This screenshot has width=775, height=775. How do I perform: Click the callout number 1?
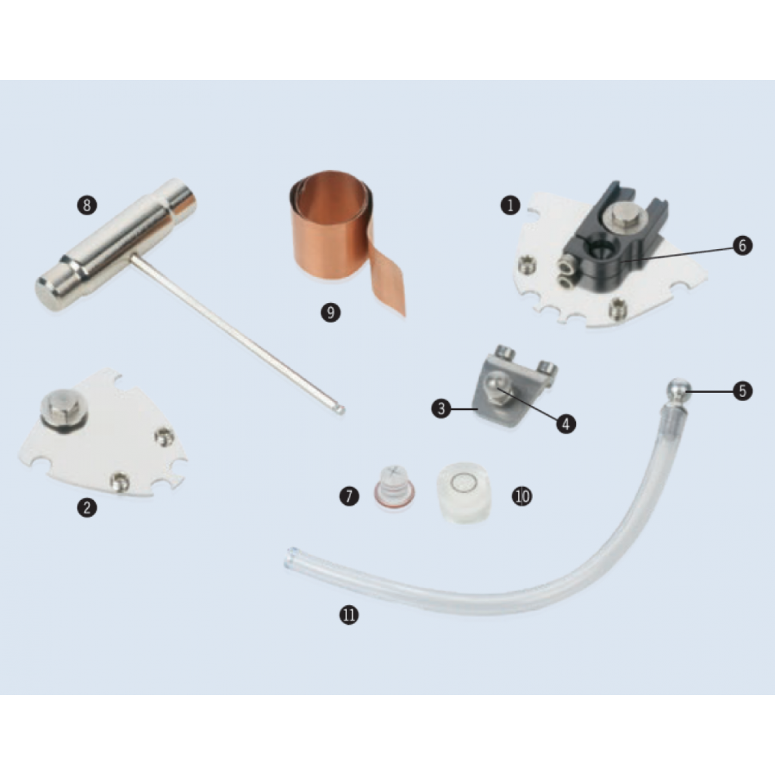[x=510, y=206]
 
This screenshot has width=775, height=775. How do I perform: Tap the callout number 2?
[x=87, y=507]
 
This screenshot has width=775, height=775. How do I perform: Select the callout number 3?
[x=441, y=408]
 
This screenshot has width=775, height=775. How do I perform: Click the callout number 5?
[x=742, y=390]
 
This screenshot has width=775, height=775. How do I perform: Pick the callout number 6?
[x=742, y=246]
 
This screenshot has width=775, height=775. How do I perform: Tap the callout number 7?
[x=349, y=496]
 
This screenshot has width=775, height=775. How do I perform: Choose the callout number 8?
[x=87, y=206]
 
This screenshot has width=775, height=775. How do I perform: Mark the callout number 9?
[x=331, y=312]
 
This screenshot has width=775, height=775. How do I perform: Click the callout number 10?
[x=522, y=497]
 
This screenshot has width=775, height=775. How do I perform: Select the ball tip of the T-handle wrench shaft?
[x=340, y=410]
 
